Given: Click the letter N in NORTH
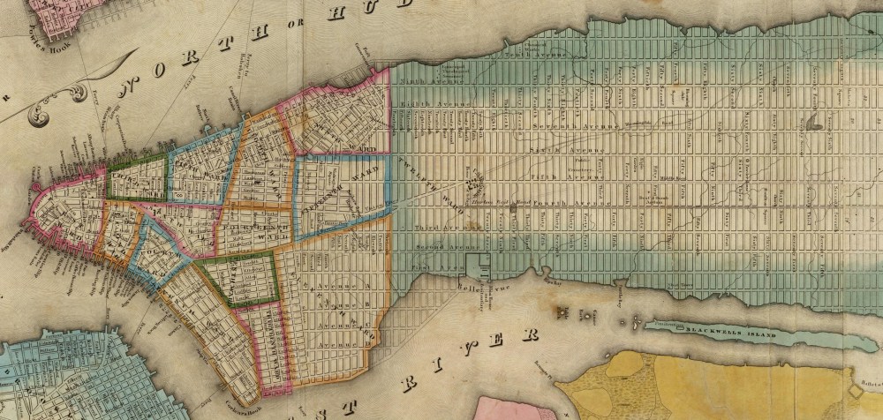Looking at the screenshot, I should [x=132, y=85].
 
